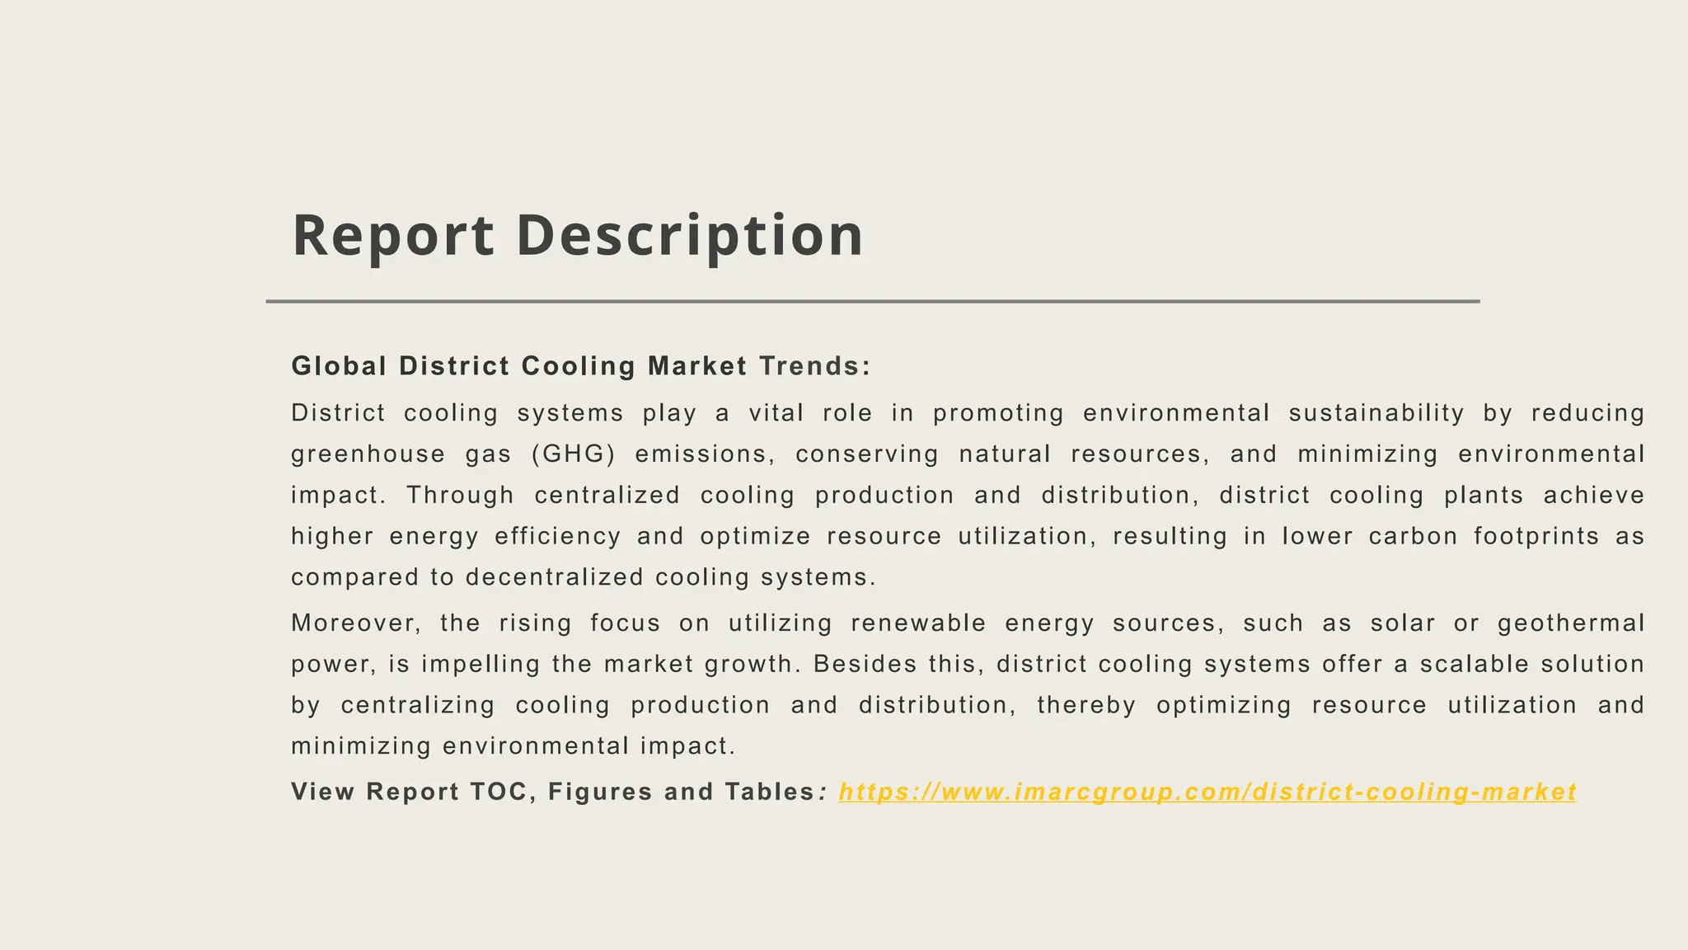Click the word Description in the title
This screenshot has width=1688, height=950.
click(690, 236)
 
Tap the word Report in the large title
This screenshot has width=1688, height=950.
click(393, 236)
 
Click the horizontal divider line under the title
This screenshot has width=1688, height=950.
click(872, 302)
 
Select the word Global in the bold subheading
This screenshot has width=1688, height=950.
click(340, 366)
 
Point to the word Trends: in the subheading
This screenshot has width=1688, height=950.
click(814, 366)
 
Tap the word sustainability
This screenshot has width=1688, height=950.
click(1376, 413)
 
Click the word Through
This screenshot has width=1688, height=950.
click(460, 496)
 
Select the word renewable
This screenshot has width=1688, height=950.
click(918, 623)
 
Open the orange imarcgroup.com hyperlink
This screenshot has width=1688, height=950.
click(1207, 792)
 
